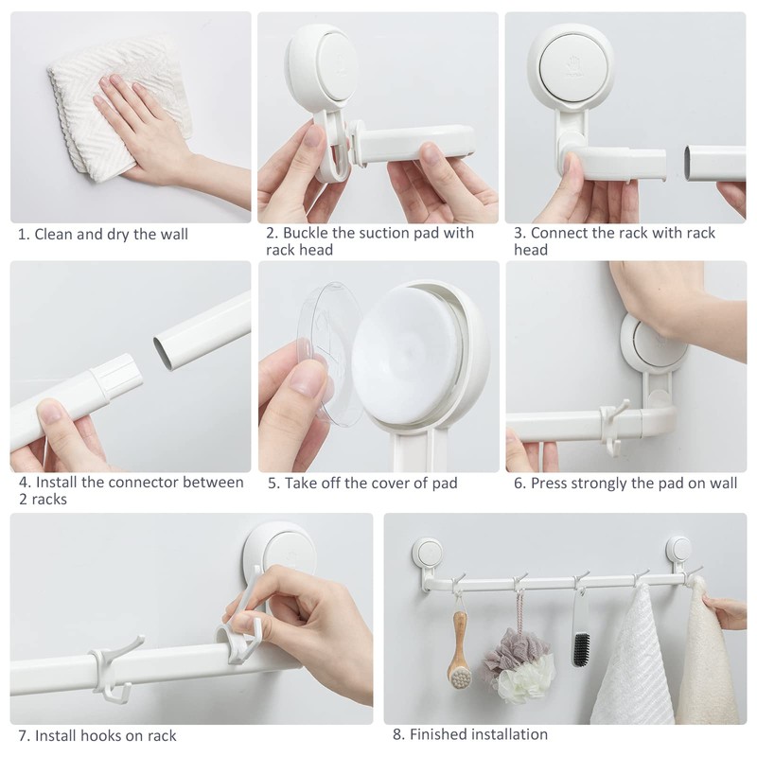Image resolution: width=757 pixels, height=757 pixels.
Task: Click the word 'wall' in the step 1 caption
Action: click(174, 234)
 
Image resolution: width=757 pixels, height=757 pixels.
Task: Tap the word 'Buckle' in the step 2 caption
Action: click(305, 233)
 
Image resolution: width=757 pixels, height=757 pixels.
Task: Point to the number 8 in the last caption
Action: click(396, 734)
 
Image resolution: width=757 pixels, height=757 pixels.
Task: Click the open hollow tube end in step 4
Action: click(163, 353)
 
